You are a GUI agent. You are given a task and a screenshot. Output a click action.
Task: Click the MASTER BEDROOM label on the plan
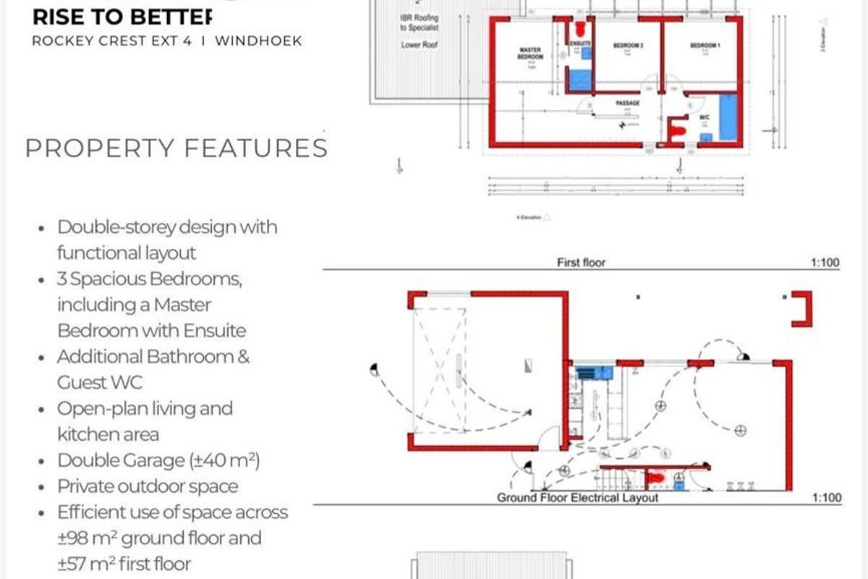tap(530, 54)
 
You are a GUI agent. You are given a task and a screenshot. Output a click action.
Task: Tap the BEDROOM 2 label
tap(628, 46)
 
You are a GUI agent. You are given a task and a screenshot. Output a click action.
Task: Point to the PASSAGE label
tap(627, 103)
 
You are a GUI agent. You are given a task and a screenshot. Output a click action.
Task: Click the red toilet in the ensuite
tap(579, 30)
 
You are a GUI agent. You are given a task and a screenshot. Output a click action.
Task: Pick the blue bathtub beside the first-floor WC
tap(727, 117)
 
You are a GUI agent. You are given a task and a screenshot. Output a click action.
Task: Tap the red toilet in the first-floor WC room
tap(678, 131)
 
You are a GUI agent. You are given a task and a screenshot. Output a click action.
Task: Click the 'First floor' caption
tap(581, 262)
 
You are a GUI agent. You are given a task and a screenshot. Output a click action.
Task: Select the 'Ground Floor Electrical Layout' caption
tap(577, 498)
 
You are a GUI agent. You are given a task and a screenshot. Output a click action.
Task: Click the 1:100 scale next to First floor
tap(825, 262)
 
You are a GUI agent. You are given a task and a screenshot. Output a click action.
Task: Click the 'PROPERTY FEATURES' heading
tap(176, 148)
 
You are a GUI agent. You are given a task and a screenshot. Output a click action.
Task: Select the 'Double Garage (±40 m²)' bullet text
tap(158, 460)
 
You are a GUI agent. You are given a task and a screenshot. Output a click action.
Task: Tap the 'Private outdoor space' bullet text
tap(148, 486)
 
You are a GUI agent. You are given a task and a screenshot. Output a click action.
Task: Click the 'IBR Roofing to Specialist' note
tap(420, 22)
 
